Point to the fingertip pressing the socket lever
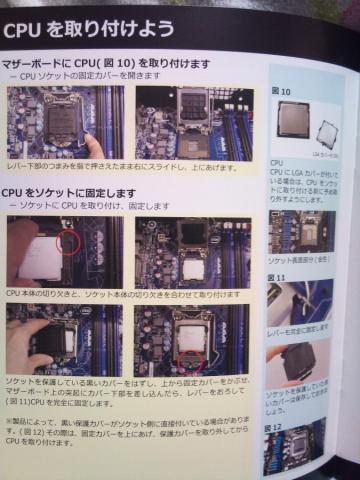[x=91, y=145]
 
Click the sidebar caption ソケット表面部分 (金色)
[x=297, y=258]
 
